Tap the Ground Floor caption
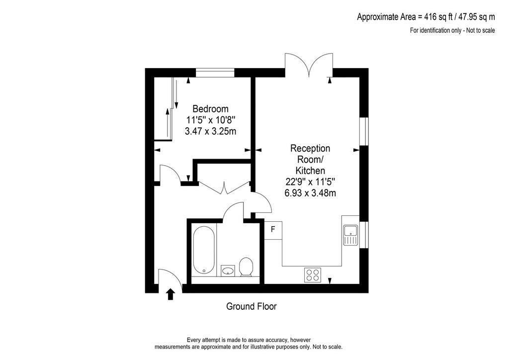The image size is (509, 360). (251, 306)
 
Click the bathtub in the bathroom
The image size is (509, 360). (204, 250)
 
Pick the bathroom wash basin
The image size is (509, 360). (228, 270)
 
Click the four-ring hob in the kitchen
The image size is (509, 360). (313, 274)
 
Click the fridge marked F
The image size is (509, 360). (273, 230)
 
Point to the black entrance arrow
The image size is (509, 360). (170, 294)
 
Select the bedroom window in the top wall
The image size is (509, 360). (215, 73)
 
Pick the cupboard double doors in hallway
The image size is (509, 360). (224, 187)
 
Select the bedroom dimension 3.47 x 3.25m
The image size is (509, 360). (210, 131)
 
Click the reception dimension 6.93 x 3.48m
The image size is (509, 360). (310, 193)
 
